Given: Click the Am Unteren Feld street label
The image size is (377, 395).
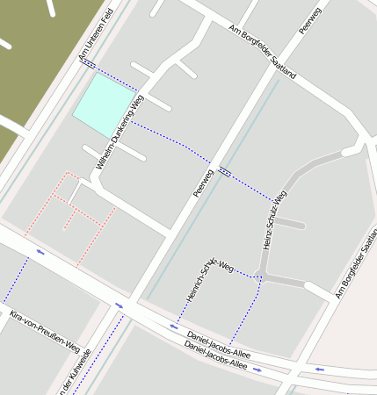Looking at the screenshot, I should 96,36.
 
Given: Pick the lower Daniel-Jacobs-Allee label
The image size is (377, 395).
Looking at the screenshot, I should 214,359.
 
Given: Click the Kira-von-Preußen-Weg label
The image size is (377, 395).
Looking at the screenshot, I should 45,330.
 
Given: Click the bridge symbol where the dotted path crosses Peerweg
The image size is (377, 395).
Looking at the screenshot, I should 225,171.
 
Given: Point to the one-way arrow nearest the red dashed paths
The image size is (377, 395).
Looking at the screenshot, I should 40,252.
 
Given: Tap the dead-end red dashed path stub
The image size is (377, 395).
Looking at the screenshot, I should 67,220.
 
